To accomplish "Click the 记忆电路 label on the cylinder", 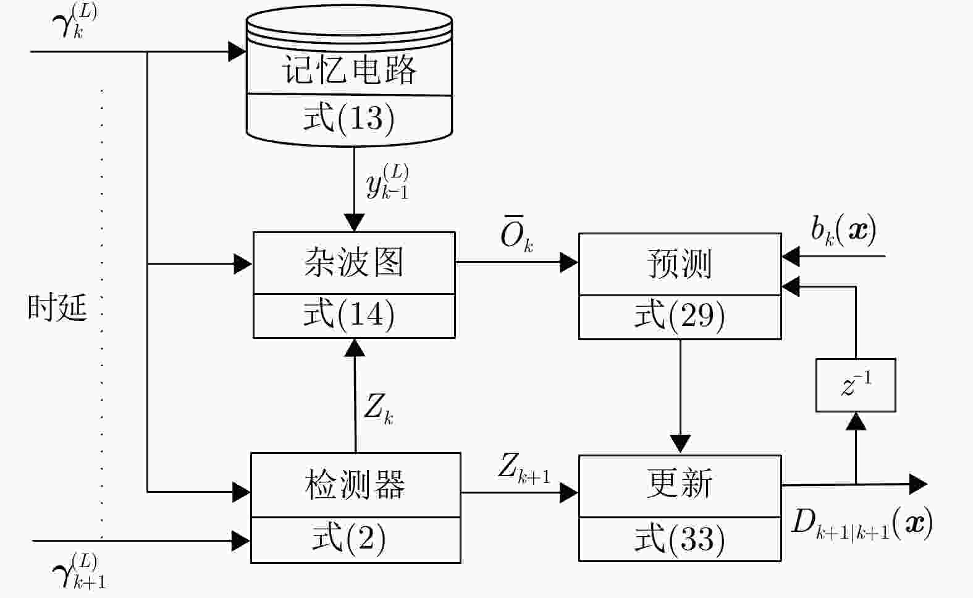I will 349,69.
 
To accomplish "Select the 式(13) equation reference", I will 349,117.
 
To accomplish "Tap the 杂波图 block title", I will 354,262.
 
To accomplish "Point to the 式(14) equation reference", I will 349,314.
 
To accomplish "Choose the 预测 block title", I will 680,264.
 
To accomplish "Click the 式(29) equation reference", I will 680,316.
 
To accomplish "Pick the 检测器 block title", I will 355,485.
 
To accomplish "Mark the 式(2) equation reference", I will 349,538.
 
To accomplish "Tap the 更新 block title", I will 680,484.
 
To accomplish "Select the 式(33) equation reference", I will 680,539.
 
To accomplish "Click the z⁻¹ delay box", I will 856,385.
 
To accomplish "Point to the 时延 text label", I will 57,307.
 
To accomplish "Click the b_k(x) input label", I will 844,231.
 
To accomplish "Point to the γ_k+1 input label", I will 79,571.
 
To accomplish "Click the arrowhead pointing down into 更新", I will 680,443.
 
